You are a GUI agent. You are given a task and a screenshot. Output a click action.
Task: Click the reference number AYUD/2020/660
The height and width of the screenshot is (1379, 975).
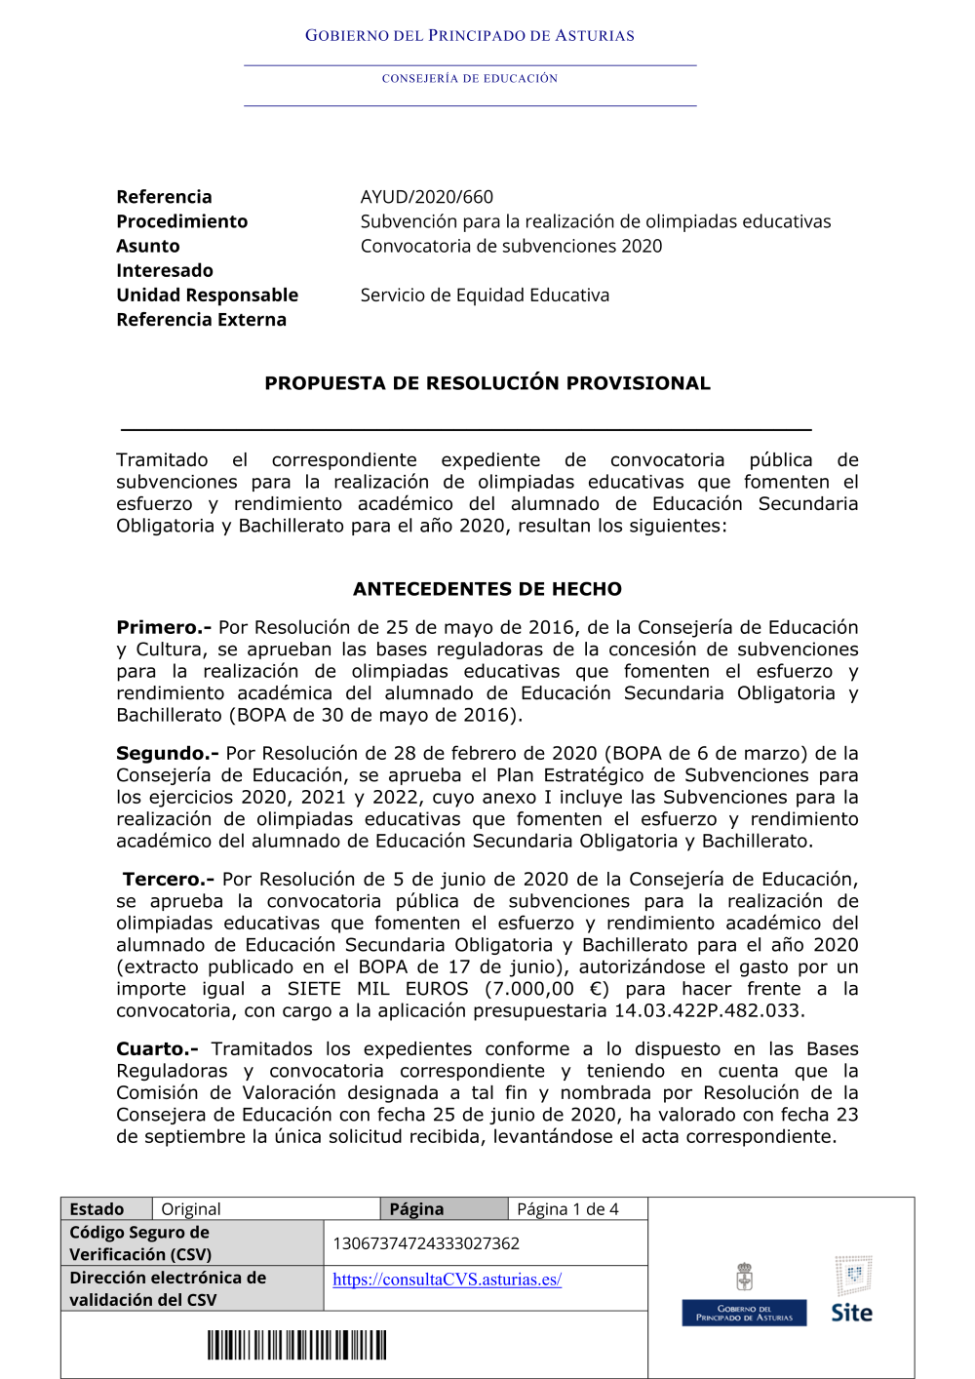point(426,197)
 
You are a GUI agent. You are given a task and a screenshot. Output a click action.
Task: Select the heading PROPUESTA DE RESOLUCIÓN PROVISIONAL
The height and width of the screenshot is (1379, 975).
point(487,383)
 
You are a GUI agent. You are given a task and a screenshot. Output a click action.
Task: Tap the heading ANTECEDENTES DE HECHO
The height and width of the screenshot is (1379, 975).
point(487,589)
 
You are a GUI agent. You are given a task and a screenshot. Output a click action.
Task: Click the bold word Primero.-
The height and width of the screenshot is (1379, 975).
point(163,627)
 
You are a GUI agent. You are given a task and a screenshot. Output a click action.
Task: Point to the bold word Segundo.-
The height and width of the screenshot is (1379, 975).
point(167,753)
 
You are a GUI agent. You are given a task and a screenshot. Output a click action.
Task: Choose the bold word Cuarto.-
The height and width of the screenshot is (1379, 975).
point(157,1048)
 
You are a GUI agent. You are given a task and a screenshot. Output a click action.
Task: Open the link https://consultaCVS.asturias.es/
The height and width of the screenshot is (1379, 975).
point(447,1280)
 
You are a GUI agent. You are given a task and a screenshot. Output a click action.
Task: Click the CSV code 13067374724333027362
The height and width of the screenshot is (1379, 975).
point(426,1243)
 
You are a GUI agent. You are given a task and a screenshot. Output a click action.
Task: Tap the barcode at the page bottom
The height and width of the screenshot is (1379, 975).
point(296,1345)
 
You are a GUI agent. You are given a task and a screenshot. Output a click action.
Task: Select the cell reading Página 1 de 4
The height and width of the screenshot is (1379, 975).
point(567,1209)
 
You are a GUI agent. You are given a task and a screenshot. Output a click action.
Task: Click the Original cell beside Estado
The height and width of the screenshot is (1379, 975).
point(191,1209)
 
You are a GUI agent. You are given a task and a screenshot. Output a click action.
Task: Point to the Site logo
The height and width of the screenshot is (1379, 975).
point(852,1289)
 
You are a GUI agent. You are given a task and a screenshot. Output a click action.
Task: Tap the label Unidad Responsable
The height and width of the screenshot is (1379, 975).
point(207,295)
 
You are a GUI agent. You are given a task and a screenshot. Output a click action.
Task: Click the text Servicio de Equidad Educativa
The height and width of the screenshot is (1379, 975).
point(485,295)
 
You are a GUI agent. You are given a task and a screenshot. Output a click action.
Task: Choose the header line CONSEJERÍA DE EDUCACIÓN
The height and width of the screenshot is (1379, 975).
point(470,79)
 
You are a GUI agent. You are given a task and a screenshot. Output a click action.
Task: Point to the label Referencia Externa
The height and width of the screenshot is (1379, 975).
point(201,320)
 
